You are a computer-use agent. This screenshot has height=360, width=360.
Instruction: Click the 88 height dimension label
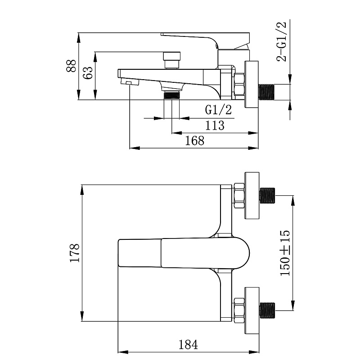click(71, 66)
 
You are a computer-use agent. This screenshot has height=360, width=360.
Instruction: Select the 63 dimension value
click(88, 73)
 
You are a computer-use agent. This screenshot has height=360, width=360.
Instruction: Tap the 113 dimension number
click(215, 126)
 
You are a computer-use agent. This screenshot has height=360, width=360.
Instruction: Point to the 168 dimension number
click(195, 140)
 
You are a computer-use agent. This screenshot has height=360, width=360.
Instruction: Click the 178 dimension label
click(75, 253)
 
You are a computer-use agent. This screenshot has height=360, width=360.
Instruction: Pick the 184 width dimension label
click(188, 344)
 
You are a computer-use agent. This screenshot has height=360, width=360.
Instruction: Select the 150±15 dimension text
click(285, 253)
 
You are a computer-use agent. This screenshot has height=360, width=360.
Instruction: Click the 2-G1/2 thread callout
click(282, 41)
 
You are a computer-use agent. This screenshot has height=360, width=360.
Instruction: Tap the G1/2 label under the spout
click(218, 110)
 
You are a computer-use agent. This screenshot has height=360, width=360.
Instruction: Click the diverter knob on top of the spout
click(172, 60)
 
